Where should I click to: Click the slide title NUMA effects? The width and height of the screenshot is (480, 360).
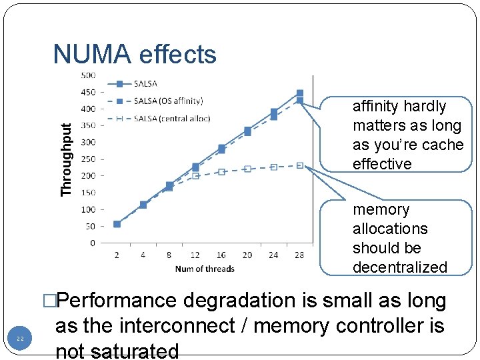pyautogui.click(x=135, y=54)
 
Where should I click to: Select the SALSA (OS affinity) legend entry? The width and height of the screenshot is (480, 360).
pyautogui.click(x=168, y=101)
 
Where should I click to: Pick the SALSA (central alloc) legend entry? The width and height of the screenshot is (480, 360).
pyautogui.click(x=171, y=119)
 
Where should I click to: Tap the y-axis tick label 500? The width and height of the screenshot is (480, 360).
pyautogui.click(x=88, y=75)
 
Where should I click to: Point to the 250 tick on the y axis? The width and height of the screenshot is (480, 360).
pyautogui.click(x=88, y=159)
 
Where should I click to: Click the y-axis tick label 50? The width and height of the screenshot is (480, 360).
pyautogui.click(x=90, y=226)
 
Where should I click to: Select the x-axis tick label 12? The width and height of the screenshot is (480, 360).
pyautogui.click(x=195, y=255)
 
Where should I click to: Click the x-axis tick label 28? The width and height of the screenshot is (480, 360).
pyautogui.click(x=299, y=255)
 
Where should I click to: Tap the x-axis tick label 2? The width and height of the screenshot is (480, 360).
pyautogui.click(x=117, y=255)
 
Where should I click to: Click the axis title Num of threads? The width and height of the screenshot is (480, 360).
pyautogui.click(x=205, y=269)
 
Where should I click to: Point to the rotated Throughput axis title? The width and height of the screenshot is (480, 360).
pyautogui.click(x=65, y=160)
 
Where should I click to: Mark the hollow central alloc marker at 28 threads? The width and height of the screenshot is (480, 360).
pyautogui.click(x=299, y=165)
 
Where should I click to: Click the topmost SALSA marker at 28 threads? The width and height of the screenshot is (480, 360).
pyautogui.click(x=299, y=93)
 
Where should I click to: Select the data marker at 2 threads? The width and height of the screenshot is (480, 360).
pyautogui.click(x=117, y=224)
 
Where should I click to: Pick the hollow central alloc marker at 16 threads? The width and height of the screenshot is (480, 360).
pyautogui.click(x=221, y=172)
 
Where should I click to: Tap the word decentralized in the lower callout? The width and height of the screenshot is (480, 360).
pyautogui.click(x=399, y=267)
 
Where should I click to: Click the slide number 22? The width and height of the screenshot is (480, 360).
pyautogui.click(x=21, y=339)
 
